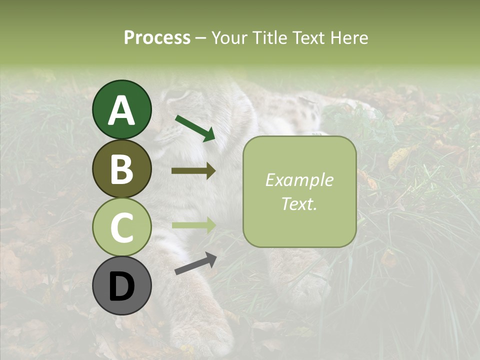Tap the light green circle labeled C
(122, 227)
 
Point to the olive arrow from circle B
(193, 171)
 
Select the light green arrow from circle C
(193, 225)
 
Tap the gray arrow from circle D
(195, 264)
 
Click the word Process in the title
(157, 37)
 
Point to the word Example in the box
(299, 180)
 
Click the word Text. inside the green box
(299, 203)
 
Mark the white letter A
(122, 110)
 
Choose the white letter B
(122, 169)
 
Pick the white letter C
(122, 227)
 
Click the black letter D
(122, 286)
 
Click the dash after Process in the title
(200, 38)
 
